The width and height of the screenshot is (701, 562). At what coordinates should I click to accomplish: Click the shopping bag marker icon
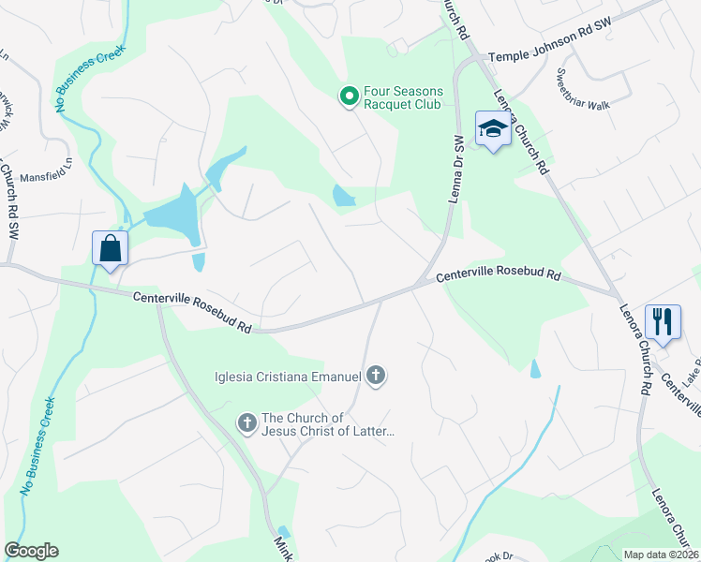(x=111, y=250)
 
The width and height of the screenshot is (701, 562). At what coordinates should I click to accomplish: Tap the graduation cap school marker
(x=492, y=129)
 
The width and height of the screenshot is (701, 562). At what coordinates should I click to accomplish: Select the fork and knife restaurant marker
(x=663, y=322)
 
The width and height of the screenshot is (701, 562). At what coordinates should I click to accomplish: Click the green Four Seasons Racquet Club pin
(x=349, y=96)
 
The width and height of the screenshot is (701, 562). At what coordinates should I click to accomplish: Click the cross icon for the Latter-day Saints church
(x=247, y=424)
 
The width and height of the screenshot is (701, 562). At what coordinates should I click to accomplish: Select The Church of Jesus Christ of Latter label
(x=327, y=424)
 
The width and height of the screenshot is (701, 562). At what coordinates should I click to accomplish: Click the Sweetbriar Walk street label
(x=583, y=90)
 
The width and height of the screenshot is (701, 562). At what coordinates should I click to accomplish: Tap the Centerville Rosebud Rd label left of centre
(x=192, y=313)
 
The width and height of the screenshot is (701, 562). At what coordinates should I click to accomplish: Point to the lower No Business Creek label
(x=37, y=445)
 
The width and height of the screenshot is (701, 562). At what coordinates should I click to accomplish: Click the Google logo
(x=31, y=551)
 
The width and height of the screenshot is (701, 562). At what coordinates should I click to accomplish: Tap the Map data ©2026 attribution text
(x=660, y=555)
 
